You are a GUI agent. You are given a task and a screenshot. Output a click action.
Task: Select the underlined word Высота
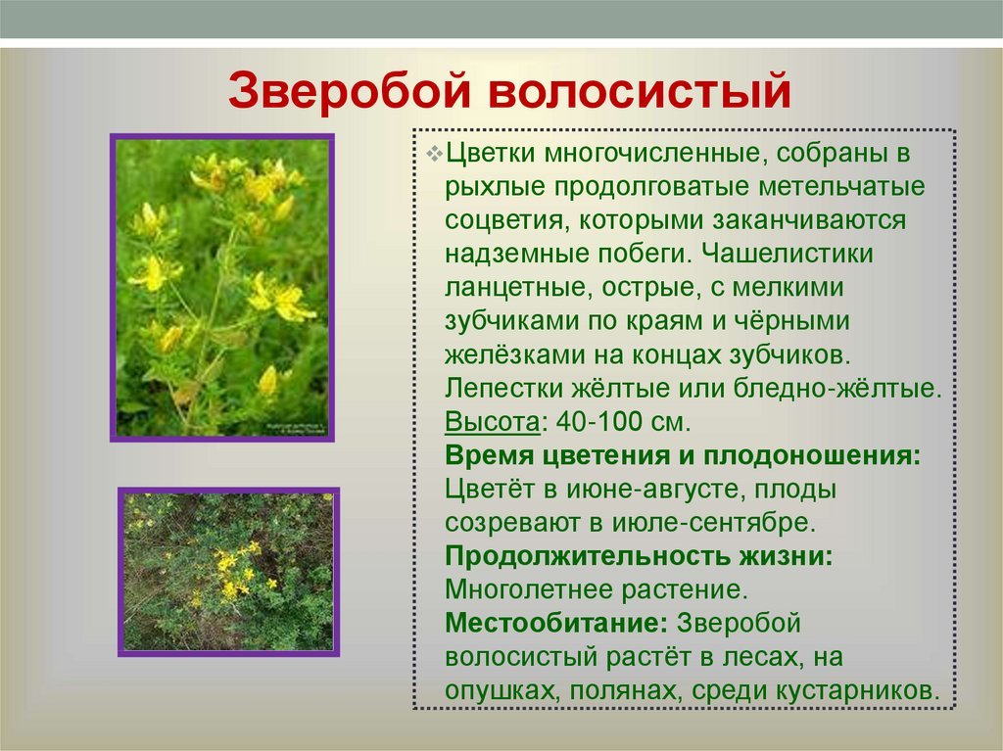(492, 422)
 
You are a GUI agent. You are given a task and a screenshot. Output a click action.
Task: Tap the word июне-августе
(653, 490)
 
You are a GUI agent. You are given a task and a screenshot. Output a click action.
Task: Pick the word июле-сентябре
(714, 523)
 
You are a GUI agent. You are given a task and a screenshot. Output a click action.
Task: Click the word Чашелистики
(787, 254)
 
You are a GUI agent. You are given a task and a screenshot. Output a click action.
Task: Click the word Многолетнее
(529, 589)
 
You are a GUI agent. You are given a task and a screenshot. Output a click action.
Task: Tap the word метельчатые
(841, 187)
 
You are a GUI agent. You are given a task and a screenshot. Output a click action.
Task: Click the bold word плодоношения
(812, 456)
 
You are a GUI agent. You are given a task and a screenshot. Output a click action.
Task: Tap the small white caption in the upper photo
(296, 427)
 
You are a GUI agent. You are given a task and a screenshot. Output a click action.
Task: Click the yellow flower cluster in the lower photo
(233, 573)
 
